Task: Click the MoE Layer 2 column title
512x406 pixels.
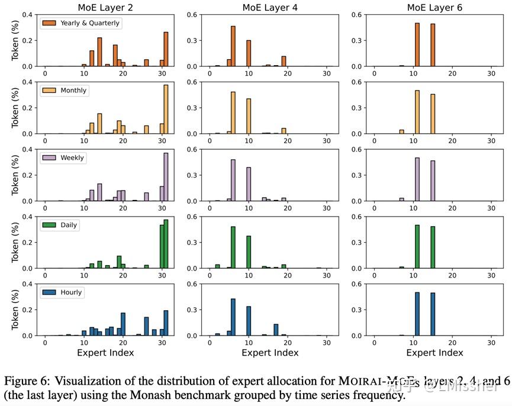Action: click(106, 8)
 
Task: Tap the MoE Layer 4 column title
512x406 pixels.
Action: click(270, 8)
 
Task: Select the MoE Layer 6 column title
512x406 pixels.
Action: click(434, 8)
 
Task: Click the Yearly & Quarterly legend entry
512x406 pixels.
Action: click(80, 23)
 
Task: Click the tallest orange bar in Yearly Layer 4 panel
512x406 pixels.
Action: click(233, 46)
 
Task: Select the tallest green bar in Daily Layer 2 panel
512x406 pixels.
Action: click(166, 244)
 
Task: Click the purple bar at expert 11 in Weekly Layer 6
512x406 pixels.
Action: click(417, 179)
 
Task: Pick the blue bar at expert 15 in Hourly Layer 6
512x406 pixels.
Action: click(433, 314)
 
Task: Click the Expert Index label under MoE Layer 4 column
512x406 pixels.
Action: click(270, 353)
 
